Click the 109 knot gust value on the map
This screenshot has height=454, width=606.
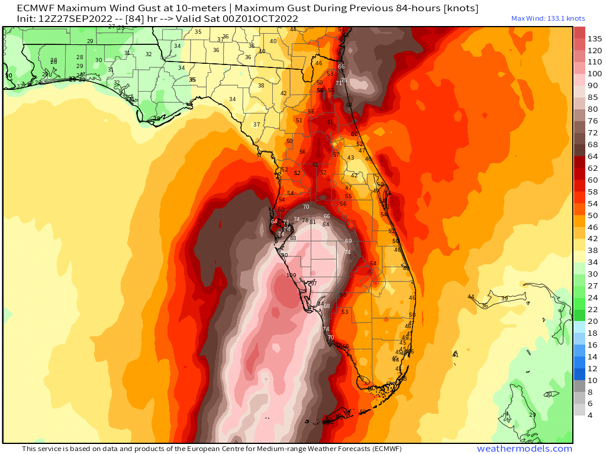tap(291, 275)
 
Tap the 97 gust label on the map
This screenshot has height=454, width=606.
tap(314, 284)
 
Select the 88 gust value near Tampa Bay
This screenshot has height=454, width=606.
tap(292, 238)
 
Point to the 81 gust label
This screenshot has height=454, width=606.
tap(312, 222)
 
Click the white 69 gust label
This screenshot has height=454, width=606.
tap(348, 241)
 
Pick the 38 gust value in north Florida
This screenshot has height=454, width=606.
tap(261, 86)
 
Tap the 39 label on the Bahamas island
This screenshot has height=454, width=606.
tap(504, 299)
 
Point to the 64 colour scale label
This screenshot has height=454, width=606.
tap(592, 156)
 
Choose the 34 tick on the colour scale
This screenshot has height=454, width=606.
tap(592, 262)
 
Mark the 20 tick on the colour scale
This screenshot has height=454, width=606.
tap(592, 322)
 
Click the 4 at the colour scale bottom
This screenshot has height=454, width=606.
tap(590, 415)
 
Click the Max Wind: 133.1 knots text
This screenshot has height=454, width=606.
tap(548, 18)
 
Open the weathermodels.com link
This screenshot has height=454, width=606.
tap(524, 449)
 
